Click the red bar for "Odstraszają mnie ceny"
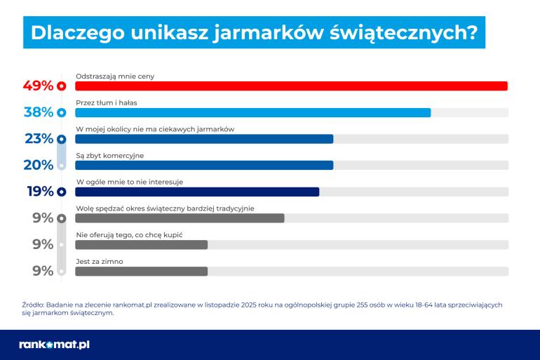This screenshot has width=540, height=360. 291,86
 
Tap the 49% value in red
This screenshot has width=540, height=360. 38,86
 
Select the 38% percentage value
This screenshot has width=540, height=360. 38,112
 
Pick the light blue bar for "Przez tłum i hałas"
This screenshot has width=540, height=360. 252,112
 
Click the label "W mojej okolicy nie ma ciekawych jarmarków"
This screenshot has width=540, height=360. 154,128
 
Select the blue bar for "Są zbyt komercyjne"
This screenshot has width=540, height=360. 203,166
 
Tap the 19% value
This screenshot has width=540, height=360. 39,192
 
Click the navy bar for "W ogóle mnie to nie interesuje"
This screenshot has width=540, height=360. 196,192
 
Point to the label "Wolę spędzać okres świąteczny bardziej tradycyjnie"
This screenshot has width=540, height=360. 165,208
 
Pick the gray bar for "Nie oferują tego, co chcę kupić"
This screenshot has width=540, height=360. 141,244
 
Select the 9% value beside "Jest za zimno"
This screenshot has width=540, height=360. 43,271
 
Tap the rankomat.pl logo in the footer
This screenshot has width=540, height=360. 54,345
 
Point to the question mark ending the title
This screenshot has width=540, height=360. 471,33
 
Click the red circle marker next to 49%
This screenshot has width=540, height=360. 61,86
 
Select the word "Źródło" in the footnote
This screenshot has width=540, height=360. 32,305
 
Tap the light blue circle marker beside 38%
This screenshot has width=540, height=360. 61,112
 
